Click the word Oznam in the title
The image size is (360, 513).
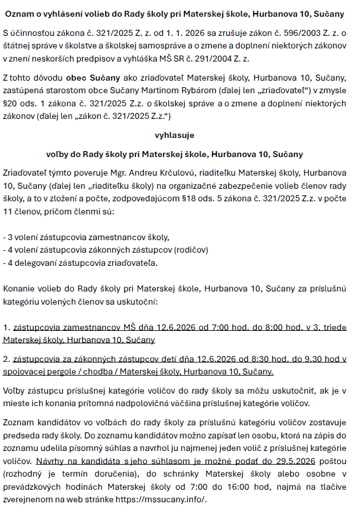[x=18, y=10]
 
